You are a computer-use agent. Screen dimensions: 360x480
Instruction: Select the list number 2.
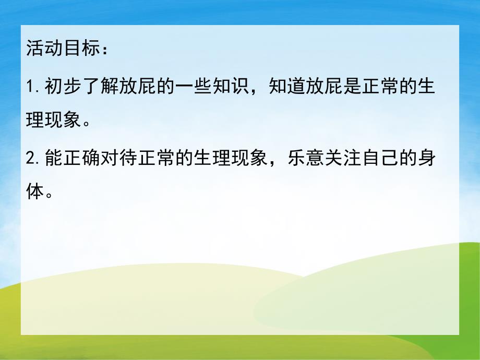coord(30,158)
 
